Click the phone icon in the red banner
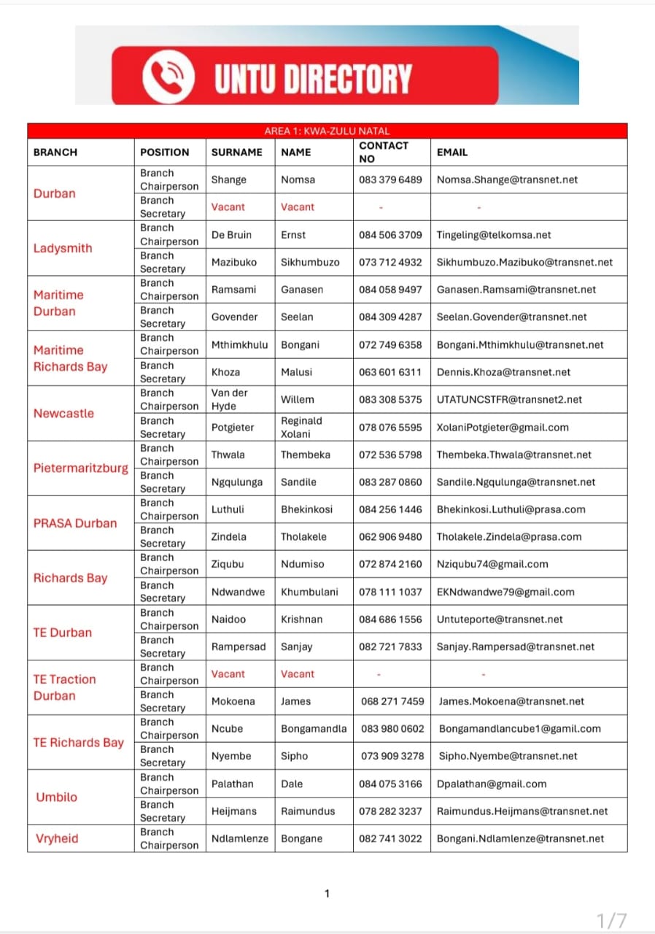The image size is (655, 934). (168, 78)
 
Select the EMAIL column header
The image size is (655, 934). (452, 153)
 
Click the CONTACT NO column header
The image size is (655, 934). (384, 152)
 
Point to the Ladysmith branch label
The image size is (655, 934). (63, 248)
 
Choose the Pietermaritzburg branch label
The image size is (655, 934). (80, 468)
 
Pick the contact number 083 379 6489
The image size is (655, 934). (390, 180)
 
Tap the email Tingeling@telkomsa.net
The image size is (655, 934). (494, 235)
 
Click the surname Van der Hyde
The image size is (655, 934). (230, 399)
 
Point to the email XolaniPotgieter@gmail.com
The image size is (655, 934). (503, 428)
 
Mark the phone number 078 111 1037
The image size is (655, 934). (390, 592)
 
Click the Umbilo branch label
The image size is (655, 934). (56, 797)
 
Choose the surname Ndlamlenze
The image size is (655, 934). (240, 838)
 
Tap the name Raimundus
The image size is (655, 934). (308, 811)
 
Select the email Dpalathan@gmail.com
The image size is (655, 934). (492, 784)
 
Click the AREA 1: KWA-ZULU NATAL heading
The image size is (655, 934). (327, 131)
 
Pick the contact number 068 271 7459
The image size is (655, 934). (392, 701)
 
